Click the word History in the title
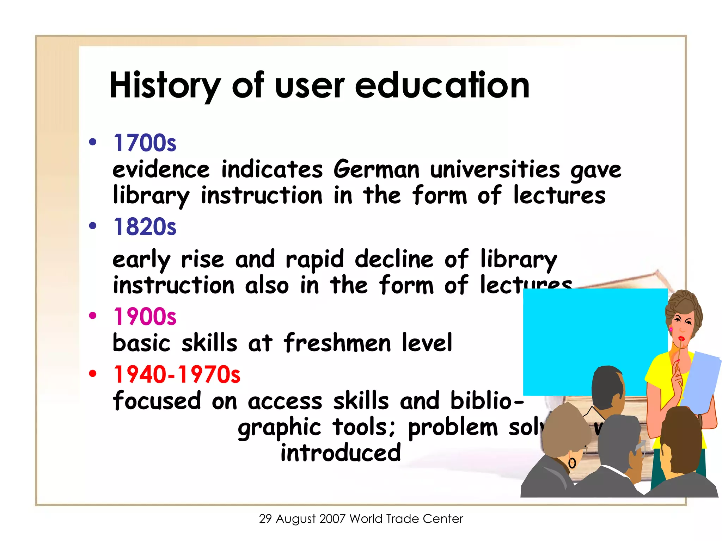point(165,86)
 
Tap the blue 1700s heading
point(145,143)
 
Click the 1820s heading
point(145,227)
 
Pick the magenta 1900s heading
point(145,316)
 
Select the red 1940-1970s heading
point(177,374)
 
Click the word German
point(377,169)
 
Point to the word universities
point(495,169)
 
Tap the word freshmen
point(337,343)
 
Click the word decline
point(394,259)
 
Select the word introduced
point(341,453)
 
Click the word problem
point(453,427)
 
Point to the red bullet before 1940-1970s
point(93,373)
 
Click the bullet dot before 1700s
point(93,142)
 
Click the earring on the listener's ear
point(572,463)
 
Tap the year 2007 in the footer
point(332,519)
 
